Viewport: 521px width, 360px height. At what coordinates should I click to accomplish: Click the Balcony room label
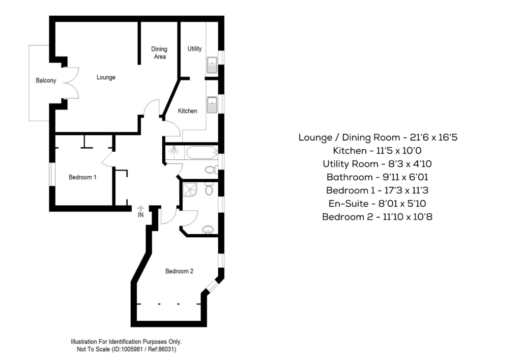tap(46, 80)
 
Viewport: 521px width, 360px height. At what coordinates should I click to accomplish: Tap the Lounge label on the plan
tap(106, 77)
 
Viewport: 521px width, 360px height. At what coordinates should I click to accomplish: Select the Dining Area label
tap(159, 53)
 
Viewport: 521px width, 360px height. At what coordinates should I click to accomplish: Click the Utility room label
tap(194, 48)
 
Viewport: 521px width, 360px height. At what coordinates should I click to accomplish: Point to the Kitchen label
tap(187, 111)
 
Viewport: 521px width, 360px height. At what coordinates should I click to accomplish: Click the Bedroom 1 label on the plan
tap(82, 177)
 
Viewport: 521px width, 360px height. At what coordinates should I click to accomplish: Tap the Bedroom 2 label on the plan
tap(180, 271)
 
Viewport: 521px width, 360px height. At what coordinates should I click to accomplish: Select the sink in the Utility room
tap(212, 65)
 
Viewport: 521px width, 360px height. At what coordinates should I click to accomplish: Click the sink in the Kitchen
tap(212, 105)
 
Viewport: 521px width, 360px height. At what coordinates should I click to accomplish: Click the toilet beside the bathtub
tap(210, 170)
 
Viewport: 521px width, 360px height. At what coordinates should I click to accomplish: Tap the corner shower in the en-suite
tap(190, 189)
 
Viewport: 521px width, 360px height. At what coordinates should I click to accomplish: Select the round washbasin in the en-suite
tap(208, 229)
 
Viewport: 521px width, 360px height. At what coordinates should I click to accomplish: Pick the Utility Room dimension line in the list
tap(377, 164)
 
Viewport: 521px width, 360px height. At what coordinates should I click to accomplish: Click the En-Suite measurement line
tap(377, 204)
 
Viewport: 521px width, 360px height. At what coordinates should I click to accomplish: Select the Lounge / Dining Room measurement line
tap(378, 137)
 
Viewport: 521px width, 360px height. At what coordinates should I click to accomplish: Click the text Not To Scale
tap(90, 349)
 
